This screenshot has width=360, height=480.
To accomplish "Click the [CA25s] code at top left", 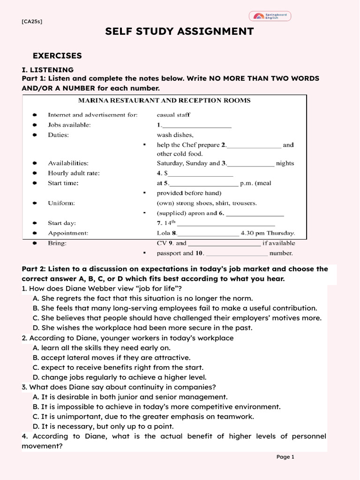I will tap(32, 22).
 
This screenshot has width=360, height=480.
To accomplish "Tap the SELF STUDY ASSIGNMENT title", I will tap(180, 31).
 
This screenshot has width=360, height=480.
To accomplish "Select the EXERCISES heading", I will tap(57, 56).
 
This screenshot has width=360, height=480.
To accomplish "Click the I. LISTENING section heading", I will tap(47, 70).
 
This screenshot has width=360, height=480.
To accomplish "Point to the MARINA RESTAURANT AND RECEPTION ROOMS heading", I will tap(164, 100).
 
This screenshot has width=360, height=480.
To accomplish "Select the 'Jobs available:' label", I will tap(69, 125).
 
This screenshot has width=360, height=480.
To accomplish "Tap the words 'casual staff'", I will tap(173, 114).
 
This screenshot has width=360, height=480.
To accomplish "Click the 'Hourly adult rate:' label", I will tap(74, 173).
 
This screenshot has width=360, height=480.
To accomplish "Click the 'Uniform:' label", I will tap(61, 203).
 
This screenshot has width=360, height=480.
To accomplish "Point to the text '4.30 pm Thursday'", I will tap(268, 232).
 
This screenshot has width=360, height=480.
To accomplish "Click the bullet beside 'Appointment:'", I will tap(35, 233).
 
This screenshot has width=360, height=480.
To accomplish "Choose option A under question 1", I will tap(142, 298).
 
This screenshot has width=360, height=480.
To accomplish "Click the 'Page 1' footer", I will tap(285, 457).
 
